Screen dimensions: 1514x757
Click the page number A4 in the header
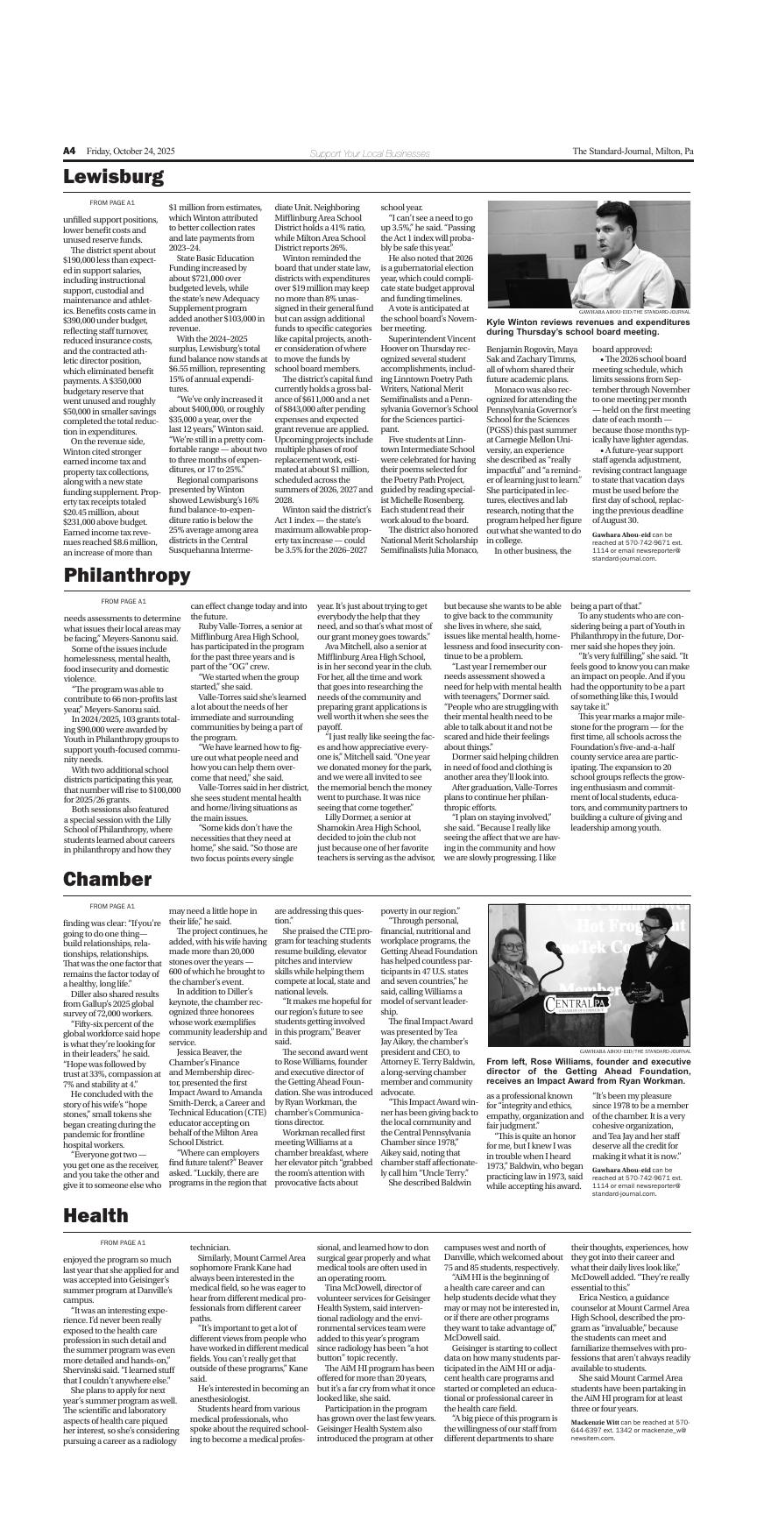[x=69, y=152]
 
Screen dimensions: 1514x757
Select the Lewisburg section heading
[x=113, y=178]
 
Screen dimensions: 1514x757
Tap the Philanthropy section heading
[x=126, y=576]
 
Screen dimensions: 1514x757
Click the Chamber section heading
[x=107, y=880]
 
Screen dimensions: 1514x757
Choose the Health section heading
[x=95, y=1216]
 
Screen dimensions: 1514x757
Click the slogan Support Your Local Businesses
[x=345, y=154]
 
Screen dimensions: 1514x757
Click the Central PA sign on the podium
[x=576, y=1002]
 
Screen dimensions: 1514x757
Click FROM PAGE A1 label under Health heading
[x=123, y=1243]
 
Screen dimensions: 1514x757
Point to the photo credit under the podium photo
[x=634, y=1051]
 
